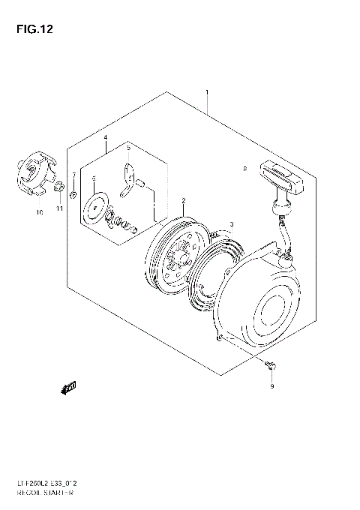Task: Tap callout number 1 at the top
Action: click(207, 94)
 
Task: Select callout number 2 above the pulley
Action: click(182, 201)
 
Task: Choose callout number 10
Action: click(40, 213)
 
